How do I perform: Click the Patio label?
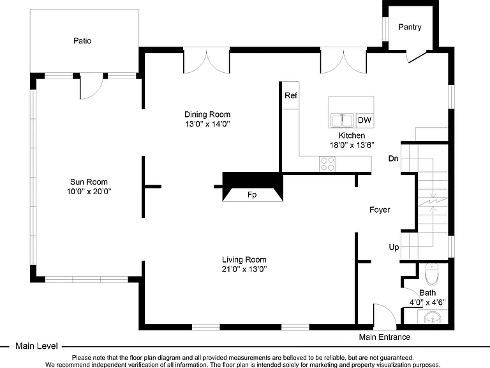[x=82, y=41]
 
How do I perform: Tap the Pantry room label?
[x=410, y=27]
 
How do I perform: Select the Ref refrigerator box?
[x=291, y=95]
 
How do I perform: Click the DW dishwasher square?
[x=364, y=120]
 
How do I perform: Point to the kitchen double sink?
[x=342, y=120]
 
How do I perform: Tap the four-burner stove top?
[x=327, y=164]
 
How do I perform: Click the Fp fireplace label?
[x=252, y=195]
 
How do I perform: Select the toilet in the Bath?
[x=432, y=275]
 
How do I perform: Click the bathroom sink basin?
[x=433, y=318]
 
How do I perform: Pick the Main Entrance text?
[x=384, y=337]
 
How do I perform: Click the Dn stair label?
[x=394, y=158]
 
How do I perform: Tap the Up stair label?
[x=394, y=247]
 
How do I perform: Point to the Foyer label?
[x=380, y=210]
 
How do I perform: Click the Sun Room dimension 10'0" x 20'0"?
[x=89, y=192]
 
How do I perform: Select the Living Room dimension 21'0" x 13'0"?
[x=244, y=269]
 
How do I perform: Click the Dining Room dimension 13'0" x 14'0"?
[x=207, y=124]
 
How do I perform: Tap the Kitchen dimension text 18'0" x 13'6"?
[x=352, y=145]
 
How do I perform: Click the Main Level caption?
[x=36, y=346]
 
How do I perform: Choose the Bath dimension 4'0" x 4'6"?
[x=427, y=303]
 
